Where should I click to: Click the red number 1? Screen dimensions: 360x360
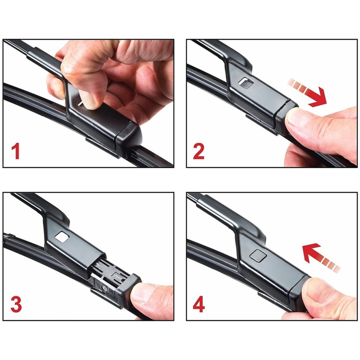[15, 151]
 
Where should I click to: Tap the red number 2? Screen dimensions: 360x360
[199, 152]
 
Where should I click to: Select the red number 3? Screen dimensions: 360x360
[16, 304]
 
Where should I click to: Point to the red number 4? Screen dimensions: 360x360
[199, 305]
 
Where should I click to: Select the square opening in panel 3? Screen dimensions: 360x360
[62, 237]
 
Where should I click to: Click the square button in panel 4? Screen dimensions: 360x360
[258, 255]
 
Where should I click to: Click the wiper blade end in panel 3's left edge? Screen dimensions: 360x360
[9, 236]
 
